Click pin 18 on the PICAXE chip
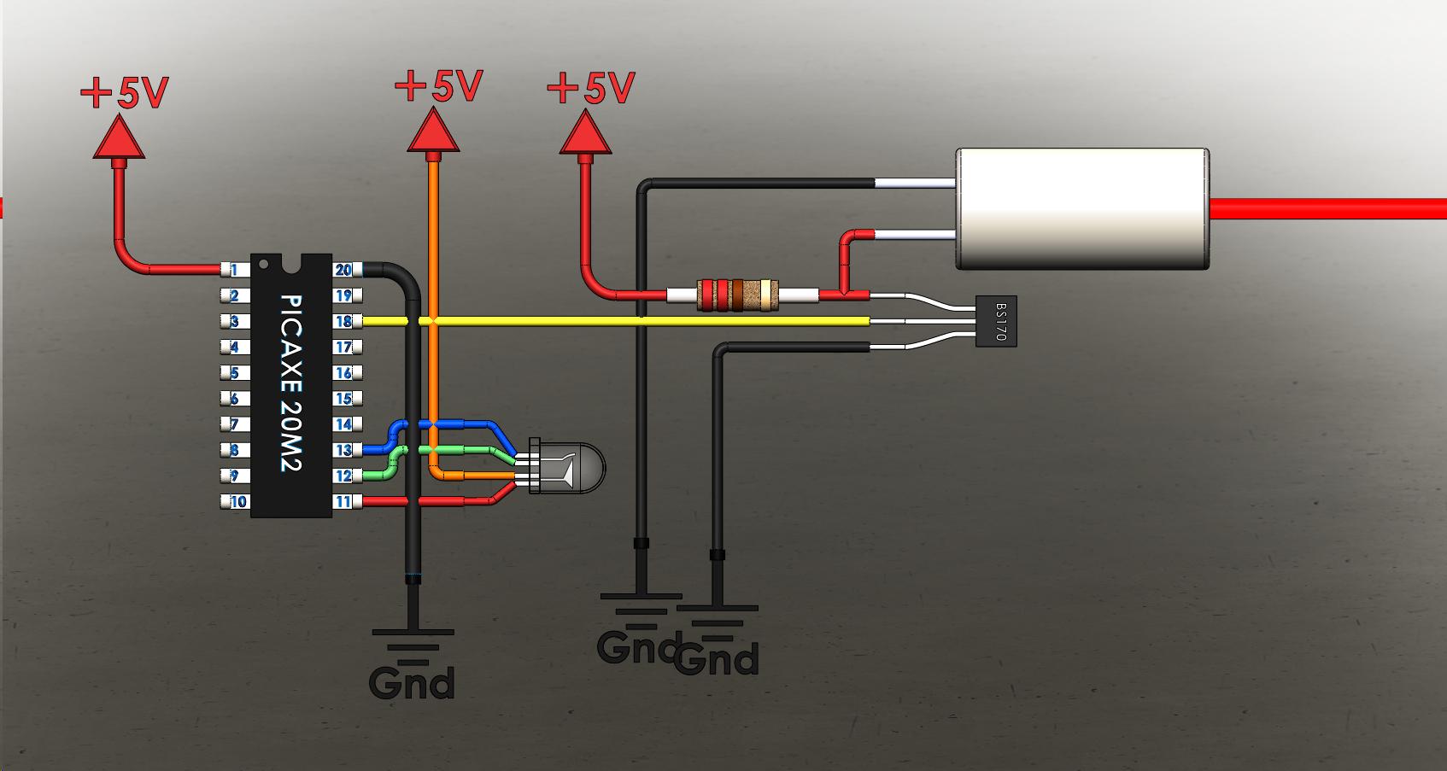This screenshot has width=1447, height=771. pos(343,322)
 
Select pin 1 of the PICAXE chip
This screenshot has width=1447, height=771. pos(233,270)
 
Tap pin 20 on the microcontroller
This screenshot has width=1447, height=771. pos(343,270)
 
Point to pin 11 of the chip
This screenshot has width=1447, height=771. pos(343,501)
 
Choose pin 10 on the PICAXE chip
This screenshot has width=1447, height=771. pos(236,501)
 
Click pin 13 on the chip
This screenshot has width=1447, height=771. pos(343,450)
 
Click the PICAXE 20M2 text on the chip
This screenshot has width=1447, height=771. pos(291,383)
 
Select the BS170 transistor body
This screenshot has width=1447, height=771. pos(997,321)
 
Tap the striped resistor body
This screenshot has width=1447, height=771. pos(737,295)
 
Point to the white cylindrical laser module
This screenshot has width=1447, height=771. pos(1081,209)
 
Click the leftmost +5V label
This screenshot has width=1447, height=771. pos(125,92)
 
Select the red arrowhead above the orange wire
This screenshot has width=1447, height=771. pos(435,134)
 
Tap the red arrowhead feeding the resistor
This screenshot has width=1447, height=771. pos(586,135)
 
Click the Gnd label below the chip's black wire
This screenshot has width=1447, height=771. pos(412,683)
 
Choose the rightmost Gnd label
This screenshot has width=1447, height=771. pos(718,659)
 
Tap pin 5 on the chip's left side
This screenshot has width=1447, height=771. pos(233,373)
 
